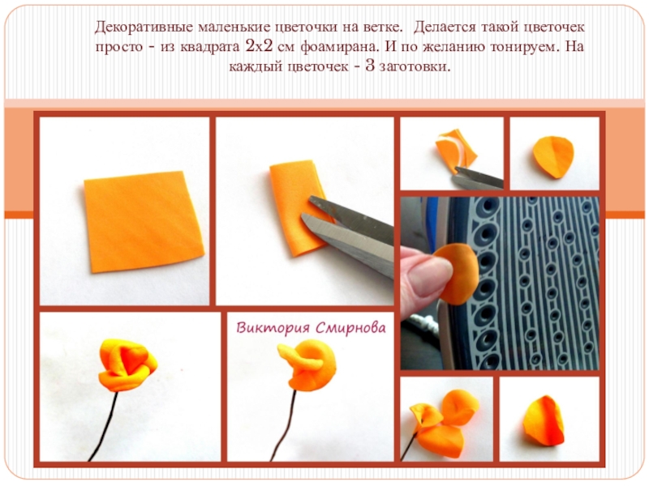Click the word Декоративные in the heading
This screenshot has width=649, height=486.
point(144,28)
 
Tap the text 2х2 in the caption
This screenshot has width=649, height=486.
point(259,46)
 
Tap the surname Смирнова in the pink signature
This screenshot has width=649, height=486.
point(350,328)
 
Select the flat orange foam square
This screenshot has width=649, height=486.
point(144,221)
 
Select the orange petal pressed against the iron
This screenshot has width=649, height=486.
point(458,274)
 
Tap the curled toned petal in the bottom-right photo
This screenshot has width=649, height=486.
point(543,421)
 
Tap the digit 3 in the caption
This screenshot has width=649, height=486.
point(370,66)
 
